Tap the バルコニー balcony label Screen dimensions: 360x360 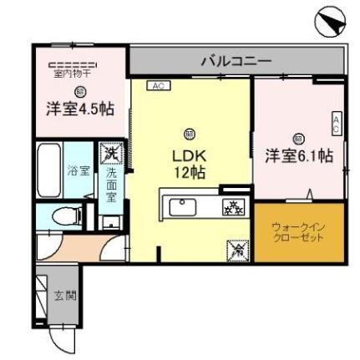click(x=236, y=61)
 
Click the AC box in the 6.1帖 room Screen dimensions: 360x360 click(x=337, y=123)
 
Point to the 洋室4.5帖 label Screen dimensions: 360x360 click(x=80, y=109)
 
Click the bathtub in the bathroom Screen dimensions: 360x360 click(x=50, y=171)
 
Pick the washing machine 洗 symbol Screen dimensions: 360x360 click(x=110, y=154)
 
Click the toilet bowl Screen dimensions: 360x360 click(x=63, y=216)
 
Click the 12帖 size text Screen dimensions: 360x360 click(x=190, y=173)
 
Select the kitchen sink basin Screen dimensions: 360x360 click(x=181, y=205)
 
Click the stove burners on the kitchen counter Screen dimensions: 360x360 click(x=231, y=207)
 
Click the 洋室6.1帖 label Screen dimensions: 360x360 click(x=299, y=156)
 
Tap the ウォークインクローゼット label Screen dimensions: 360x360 click(x=297, y=231)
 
